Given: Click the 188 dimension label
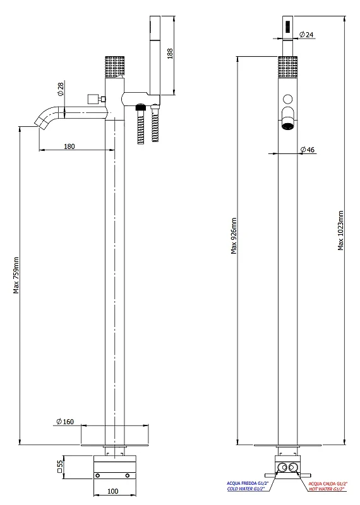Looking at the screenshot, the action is [170, 54].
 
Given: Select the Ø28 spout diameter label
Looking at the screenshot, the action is [60, 89].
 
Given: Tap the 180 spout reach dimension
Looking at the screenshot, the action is [69, 146].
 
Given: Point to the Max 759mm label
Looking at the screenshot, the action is [16, 275].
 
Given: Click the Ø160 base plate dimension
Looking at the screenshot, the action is [65, 422].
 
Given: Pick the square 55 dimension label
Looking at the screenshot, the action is [60, 466].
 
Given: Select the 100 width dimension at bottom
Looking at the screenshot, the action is [112, 491].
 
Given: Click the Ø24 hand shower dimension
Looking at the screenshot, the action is [306, 34].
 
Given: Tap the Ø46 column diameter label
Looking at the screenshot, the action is [307, 150].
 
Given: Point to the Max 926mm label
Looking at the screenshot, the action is [234, 236].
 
